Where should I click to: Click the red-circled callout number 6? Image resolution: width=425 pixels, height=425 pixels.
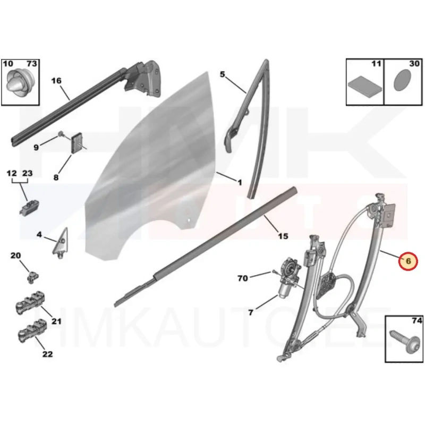coord(408,261)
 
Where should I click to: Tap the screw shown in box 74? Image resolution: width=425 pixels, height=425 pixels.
coord(404,341)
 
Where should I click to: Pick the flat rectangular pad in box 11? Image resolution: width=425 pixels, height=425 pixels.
coord(365,87)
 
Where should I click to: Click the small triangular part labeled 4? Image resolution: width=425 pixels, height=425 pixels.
coord(61,243)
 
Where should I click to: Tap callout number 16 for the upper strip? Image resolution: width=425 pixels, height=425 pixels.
coord(56,81)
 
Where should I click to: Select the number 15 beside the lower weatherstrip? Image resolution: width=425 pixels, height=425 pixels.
coord(283,236)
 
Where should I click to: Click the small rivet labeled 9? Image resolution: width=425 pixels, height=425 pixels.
coord(61,134)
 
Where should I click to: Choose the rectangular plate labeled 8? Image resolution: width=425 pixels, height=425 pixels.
coord(76,144)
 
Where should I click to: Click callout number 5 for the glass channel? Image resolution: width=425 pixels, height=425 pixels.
coord(222,74)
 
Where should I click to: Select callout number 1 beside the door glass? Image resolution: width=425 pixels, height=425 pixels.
coord(240,182)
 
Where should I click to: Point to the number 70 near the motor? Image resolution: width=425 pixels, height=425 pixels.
coord(243,278)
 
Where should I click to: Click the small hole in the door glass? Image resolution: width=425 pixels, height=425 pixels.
coord(190,220)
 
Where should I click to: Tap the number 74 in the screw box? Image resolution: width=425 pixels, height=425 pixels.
coord(417,320)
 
